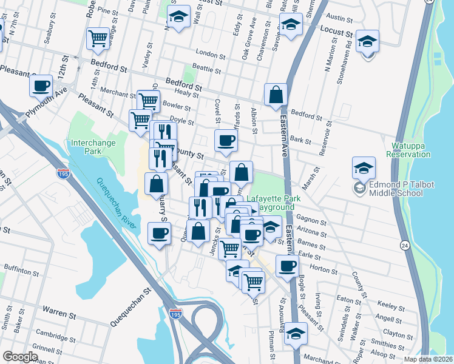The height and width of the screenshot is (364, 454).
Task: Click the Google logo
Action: point(20,357)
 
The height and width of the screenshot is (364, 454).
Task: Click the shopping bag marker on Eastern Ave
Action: point(276,95)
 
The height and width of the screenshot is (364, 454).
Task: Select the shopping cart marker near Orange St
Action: point(97,39)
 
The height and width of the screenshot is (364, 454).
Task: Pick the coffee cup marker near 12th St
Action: point(41,86)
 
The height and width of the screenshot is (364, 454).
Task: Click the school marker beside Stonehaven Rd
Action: point(368,42)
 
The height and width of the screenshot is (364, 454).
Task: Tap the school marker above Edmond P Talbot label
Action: point(364,168)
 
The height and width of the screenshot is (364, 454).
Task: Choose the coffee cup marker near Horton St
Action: point(288,265)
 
